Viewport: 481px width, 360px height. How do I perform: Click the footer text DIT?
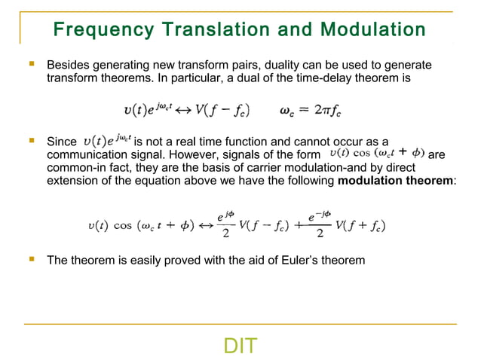240,346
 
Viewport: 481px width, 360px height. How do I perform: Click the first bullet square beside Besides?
32,66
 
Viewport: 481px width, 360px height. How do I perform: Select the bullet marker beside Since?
32,140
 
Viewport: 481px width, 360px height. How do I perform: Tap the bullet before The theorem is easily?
32,260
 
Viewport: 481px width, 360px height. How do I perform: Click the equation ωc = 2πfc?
311,111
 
